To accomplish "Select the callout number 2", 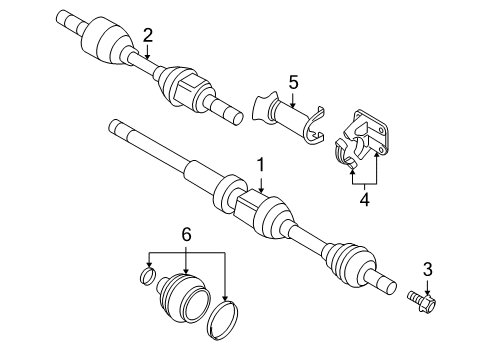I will pyautogui.click(x=148, y=36).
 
